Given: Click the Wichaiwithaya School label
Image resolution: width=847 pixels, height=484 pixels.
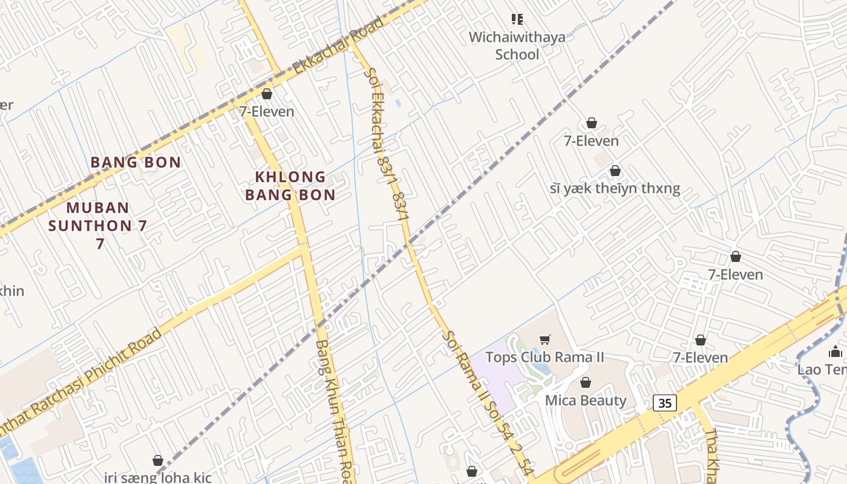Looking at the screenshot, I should tap(517, 45).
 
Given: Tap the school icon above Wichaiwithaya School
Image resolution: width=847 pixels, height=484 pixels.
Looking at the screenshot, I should tap(517, 19).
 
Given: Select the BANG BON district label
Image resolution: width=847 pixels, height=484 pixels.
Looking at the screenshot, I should tap(136, 162).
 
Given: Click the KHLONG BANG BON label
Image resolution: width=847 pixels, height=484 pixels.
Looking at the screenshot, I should tap(290, 186).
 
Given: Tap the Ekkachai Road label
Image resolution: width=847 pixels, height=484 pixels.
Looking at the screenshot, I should tap(338, 47).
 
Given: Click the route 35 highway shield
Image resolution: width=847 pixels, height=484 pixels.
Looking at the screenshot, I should tap(665, 403).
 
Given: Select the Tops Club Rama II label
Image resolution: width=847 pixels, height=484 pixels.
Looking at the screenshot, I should tap(544, 357).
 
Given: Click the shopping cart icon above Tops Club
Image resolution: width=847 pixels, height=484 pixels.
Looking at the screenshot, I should tap(544, 340).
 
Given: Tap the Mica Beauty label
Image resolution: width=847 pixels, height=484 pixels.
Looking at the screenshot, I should tap(586, 400).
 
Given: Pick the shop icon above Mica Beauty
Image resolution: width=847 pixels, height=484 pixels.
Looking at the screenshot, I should tap(585, 382).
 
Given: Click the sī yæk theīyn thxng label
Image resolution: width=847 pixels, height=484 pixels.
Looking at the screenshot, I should tap(615, 188).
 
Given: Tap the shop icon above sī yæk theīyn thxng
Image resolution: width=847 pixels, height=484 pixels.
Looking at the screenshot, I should tap(615, 171).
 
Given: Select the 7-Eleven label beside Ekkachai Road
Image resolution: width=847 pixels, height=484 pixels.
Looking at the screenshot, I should tap(266, 111).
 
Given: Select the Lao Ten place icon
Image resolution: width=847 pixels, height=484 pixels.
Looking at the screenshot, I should tap(836, 352).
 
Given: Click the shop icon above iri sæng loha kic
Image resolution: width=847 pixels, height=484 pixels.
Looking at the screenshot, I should tap(158, 460).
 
